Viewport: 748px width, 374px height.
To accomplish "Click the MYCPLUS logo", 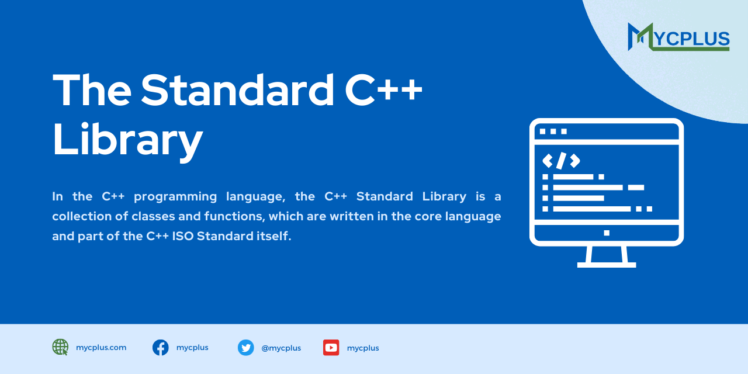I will tap(678, 37).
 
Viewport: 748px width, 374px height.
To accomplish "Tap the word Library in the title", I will tap(127, 140).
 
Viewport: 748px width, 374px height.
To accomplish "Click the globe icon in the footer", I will tap(60, 347).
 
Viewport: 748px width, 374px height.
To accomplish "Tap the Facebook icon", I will tap(161, 348).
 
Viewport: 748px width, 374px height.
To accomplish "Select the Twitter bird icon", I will tap(246, 348).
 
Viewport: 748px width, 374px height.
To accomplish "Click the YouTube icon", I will tap(331, 348).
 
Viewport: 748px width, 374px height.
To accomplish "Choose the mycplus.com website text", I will tap(101, 347).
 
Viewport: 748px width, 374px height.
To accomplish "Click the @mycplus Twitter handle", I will tap(281, 348).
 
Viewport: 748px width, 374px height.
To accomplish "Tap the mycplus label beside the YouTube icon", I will tap(363, 348).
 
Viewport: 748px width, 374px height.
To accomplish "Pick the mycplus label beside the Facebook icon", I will tap(192, 347).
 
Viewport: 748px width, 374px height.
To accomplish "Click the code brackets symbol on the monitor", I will tap(561, 160).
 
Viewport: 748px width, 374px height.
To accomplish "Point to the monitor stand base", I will tap(607, 264).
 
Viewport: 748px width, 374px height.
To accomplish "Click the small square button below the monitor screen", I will tap(607, 233).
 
